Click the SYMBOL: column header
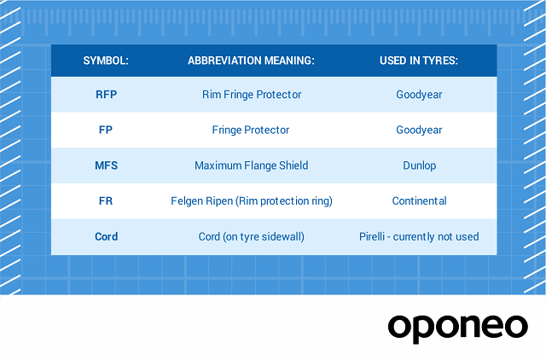pyautogui.click(x=106, y=61)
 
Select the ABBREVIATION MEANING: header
pyautogui.click(x=251, y=61)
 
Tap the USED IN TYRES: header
pyautogui.click(x=419, y=61)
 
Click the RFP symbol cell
pyautogui.click(x=106, y=95)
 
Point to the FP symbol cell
pyautogui.click(x=106, y=130)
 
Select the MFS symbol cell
pyautogui.click(x=106, y=165)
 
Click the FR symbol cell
pyautogui.click(x=106, y=200)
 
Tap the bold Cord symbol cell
pyautogui.click(x=106, y=237)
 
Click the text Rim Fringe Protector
pyautogui.click(x=252, y=95)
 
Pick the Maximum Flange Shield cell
pyautogui.click(x=251, y=165)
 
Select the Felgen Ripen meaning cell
pyautogui.click(x=252, y=201)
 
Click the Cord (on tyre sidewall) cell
pyautogui.click(x=252, y=237)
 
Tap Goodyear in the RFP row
pyautogui.click(x=419, y=95)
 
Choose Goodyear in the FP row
pyautogui.click(x=419, y=131)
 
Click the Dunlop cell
pyautogui.click(x=419, y=165)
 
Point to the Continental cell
pyautogui.click(x=419, y=200)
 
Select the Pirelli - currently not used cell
pyautogui.click(x=419, y=237)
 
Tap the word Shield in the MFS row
pyautogui.click(x=293, y=165)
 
